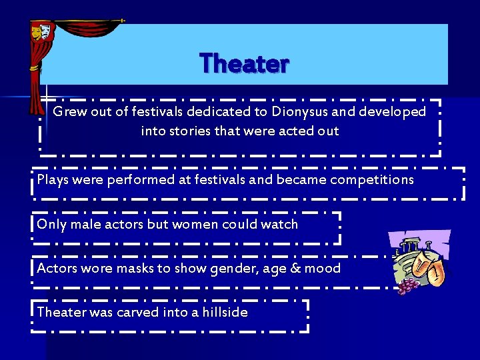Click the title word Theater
[x=244, y=63]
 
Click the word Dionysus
[x=303, y=111]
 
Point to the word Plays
[x=53, y=179]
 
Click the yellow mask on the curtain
[x=37, y=29]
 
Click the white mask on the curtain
[x=45, y=30]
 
